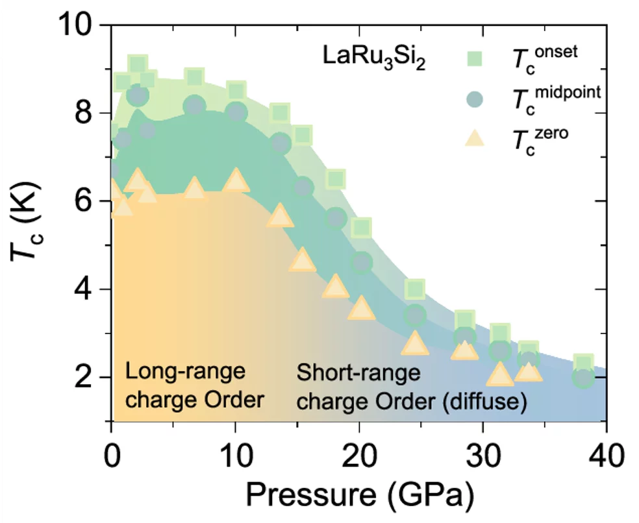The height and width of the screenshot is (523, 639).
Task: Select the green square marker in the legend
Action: (475, 58)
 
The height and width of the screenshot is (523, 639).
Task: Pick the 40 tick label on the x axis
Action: (606, 450)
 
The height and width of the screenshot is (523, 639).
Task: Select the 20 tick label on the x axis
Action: (358, 450)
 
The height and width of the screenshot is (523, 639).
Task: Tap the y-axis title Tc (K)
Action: (25, 224)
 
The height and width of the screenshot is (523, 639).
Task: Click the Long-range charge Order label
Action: (194, 387)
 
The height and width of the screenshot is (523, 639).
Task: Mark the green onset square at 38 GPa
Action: (583, 364)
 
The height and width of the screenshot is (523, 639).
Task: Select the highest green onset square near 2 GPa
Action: (136, 64)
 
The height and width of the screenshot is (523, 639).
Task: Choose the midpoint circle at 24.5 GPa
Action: (415, 316)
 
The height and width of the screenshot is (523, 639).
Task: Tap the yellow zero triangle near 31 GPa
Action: (500, 374)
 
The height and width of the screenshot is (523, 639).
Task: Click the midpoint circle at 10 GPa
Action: (236, 112)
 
